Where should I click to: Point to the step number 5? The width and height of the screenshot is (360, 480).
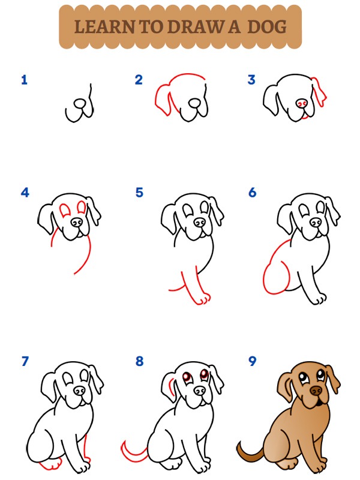[x=139, y=193]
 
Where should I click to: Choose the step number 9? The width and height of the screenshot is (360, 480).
[x=252, y=361]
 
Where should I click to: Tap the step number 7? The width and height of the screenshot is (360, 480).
[x=25, y=361]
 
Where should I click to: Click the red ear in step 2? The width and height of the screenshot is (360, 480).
[x=162, y=97]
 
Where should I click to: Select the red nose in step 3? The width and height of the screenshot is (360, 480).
[x=304, y=104]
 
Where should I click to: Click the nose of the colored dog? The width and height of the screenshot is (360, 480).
[x=314, y=391]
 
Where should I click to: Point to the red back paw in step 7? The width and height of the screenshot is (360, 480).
[x=50, y=464]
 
